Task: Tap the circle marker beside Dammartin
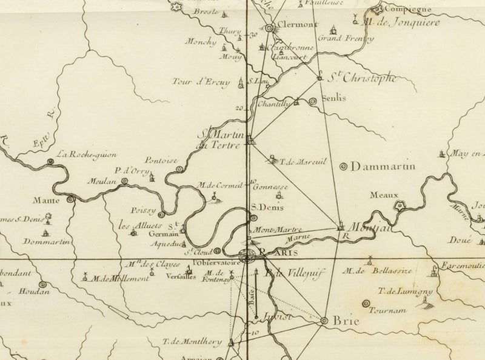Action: pyautogui.click(x=344, y=165)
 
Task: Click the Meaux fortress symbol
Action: pyautogui.click(x=400, y=206)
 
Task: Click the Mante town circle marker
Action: pyautogui.click(x=71, y=198)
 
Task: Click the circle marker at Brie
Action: pyautogui.click(x=324, y=321)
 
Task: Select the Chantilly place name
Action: pyautogui.click(x=275, y=104)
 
